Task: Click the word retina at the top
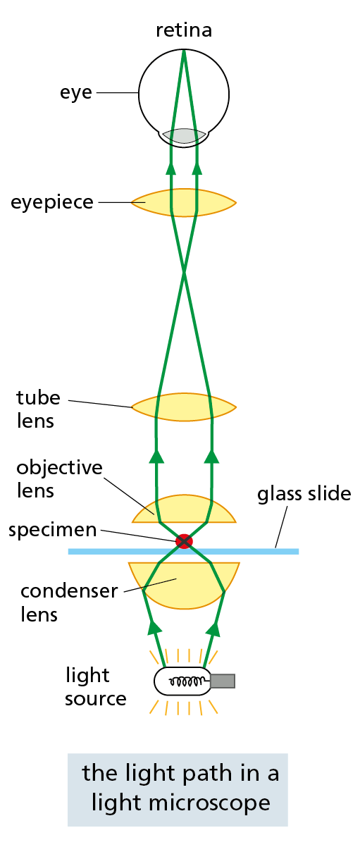coord(183,30)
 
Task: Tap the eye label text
coord(75,92)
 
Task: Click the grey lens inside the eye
coord(184,135)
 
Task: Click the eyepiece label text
coord(52,202)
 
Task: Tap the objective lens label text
coord(59,478)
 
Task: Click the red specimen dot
coord(184,541)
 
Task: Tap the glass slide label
coord(304,494)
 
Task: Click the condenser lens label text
coord(68,602)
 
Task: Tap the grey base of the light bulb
coord(223,681)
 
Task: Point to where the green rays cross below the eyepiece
coord(184,271)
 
